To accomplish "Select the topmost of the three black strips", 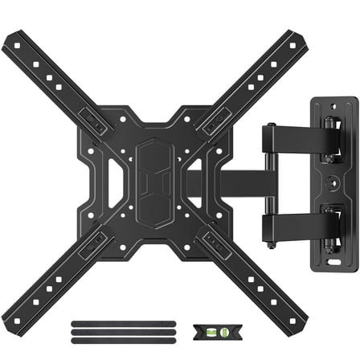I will click(97, 322).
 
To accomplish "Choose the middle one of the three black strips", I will click(97, 329).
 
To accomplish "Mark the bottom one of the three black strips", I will click(97, 337).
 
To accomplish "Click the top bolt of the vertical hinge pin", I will click(270, 125).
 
